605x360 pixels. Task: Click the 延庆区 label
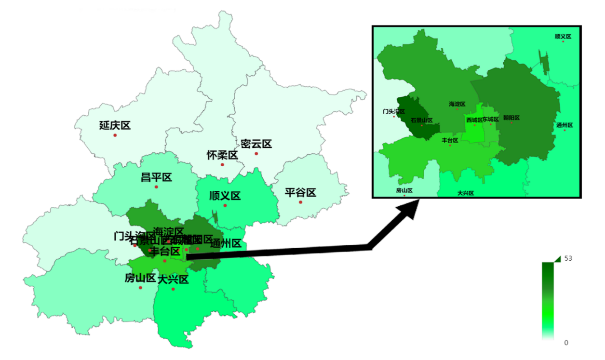tap(115, 126)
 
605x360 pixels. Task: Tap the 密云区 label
tap(256, 144)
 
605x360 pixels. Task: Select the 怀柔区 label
tap(222, 155)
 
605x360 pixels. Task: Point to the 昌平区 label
tap(156, 177)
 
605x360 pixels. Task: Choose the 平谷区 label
tap(300, 193)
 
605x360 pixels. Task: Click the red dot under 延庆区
tap(115, 135)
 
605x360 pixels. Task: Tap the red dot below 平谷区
tap(300, 202)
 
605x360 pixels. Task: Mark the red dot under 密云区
tap(256, 154)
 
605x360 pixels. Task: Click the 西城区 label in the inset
tap(474, 120)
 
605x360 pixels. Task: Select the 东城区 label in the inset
tap(490, 120)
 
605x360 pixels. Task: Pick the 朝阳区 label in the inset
tap(511, 118)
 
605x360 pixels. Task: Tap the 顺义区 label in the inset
tap(563, 36)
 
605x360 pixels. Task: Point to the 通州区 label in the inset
tap(564, 125)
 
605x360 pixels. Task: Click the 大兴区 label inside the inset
tap(466, 193)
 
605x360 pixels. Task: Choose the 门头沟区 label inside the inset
tap(394, 111)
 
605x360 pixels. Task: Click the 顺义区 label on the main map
tap(225, 196)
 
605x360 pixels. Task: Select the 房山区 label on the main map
tap(140, 278)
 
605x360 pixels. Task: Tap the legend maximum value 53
tap(568, 258)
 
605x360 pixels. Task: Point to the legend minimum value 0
tap(566, 343)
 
